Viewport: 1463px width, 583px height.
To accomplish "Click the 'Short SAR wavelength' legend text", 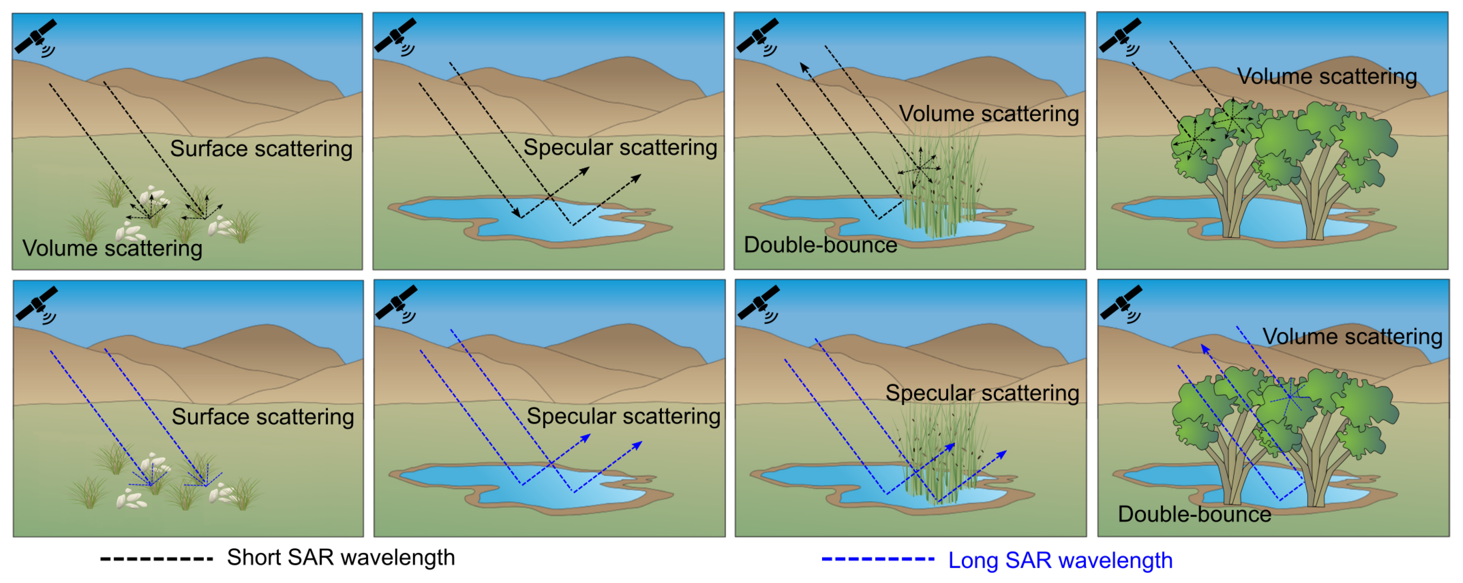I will (x=341, y=558).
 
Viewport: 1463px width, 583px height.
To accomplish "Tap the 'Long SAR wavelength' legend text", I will (x=1060, y=560).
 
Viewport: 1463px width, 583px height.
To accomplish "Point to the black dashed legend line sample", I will (x=156, y=559).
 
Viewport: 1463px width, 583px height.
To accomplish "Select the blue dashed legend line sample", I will (x=878, y=559).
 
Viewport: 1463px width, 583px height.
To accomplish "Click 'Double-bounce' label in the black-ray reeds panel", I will (x=820, y=245).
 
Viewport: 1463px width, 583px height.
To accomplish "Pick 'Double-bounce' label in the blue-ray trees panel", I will (x=1194, y=514).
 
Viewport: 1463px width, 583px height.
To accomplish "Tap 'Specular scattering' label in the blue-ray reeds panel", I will (x=982, y=393).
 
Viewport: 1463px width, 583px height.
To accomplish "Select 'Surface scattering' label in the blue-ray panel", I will (x=263, y=417).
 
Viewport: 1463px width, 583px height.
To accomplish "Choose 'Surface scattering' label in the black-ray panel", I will (x=261, y=148).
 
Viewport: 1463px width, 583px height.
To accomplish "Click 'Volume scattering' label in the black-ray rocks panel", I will (x=113, y=248).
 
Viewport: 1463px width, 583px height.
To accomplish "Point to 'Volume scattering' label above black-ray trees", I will (x=1327, y=76).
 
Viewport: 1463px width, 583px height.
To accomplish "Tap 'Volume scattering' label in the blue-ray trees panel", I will (x=1352, y=336).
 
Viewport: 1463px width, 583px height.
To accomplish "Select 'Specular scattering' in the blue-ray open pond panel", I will (x=623, y=416).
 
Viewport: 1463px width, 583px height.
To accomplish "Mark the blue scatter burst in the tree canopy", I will (x=1290, y=396).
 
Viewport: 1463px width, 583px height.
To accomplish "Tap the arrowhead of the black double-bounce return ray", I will (x=803, y=67).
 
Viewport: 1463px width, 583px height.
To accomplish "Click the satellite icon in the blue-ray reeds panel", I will (x=758, y=302).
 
